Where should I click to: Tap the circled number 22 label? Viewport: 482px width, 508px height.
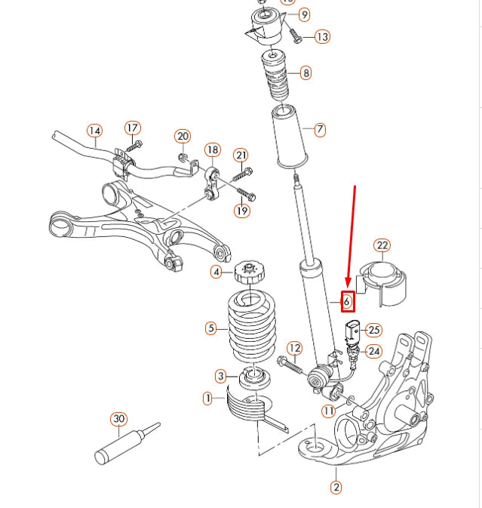382,245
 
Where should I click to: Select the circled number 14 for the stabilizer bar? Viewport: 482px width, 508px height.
94,131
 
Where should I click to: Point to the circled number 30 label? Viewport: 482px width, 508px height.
118,419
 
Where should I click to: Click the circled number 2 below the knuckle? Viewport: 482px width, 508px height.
336,488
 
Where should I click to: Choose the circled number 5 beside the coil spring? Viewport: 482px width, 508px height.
212,328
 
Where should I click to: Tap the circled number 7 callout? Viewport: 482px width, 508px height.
320,130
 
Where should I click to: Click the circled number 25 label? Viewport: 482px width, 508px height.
374,330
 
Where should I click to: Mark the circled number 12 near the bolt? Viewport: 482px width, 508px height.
294,348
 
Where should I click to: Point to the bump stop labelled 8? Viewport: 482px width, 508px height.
276,75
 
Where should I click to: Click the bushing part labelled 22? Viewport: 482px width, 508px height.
384,282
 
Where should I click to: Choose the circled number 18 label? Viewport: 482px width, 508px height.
212,149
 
